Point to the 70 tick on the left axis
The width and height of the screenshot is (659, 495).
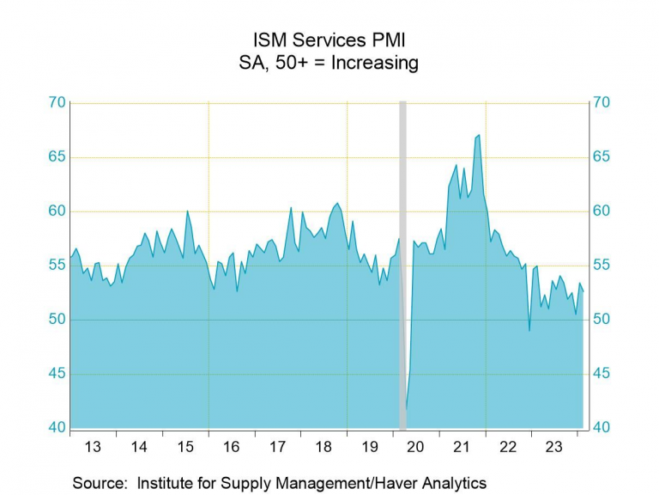click(x=57, y=103)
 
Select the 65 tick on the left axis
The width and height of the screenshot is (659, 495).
click(x=57, y=157)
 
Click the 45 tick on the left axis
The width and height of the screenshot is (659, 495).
click(x=57, y=374)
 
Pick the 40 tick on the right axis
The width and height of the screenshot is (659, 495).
click(x=600, y=428)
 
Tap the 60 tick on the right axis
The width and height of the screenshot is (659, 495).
click(x=600, y=211)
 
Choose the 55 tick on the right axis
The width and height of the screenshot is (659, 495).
click(x=600, y=266)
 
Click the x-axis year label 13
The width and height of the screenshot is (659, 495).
click(x=94, y=448)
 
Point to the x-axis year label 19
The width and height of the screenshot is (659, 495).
click(x=370, y=448)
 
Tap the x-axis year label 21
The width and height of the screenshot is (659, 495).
click(x=462, y=448)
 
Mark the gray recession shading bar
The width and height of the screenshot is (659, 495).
click(x=402, y=266)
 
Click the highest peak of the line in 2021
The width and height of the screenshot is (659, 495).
click(x=479, y=135)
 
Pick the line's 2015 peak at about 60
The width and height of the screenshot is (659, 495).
click(x=188, y=211)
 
